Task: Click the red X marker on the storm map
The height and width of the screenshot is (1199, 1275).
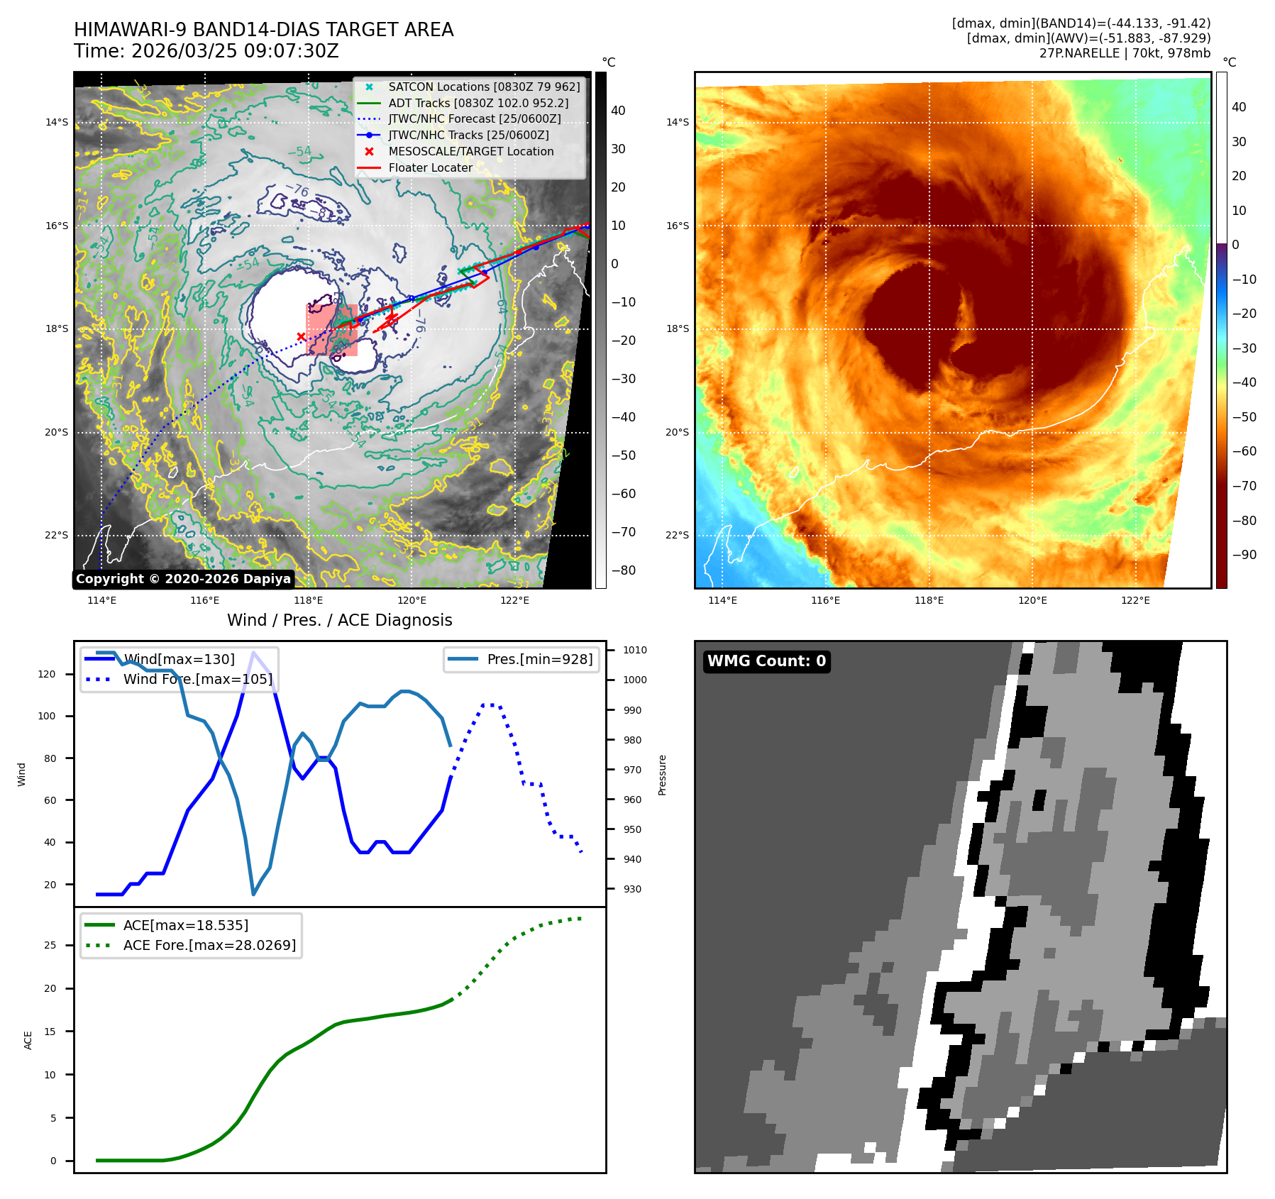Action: (x=301, y=337)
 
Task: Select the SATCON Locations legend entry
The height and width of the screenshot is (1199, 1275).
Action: (x=484, y=87)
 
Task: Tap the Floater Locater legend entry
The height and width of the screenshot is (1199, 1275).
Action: (x=430, y=167)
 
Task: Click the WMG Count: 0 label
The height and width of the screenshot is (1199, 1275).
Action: (x=766, y=661)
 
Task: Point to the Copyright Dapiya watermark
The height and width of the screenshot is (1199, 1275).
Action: (x=183, y=579)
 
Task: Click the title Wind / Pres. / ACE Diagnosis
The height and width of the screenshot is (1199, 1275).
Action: (x=339, y=620)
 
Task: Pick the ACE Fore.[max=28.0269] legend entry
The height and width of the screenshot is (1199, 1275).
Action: (x=209, y=945)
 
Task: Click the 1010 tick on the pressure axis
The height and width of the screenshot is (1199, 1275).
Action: (x=635, y=650)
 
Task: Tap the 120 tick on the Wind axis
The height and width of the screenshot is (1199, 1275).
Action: (x=47, y=674)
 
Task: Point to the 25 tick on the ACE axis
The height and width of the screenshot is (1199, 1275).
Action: (x=50, y=945)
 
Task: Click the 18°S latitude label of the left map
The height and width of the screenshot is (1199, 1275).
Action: (x=57, y=329)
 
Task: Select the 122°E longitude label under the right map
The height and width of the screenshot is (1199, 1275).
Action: (x=1135, y=600)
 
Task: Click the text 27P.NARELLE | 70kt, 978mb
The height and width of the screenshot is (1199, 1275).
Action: (x=1125, y=53)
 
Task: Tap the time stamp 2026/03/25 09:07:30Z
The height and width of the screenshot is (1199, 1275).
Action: (x=235, y=51)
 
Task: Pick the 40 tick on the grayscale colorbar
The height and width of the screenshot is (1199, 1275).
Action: (x=618, y=111)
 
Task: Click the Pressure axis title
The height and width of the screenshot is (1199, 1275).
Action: (x=662, y=775)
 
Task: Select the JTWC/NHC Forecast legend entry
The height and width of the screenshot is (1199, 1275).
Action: (x=474, y=118)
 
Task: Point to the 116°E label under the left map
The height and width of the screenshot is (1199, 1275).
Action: (x=204, y=600)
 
